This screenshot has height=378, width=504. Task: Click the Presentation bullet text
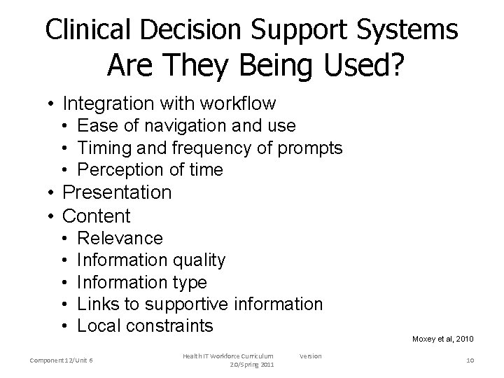click(117, 192)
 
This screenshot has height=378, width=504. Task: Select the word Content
click(97, 216)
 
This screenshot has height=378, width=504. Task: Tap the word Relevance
click(120, 239)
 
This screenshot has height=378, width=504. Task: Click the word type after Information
click(189, 282)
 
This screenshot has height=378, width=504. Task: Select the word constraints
click(179, 325)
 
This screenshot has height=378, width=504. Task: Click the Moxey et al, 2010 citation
click(442, 339)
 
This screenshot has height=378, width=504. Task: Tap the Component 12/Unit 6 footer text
click(62, 360)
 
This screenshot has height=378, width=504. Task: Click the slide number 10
click(469, 360)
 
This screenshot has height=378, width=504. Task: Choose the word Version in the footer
click(310, 356)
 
